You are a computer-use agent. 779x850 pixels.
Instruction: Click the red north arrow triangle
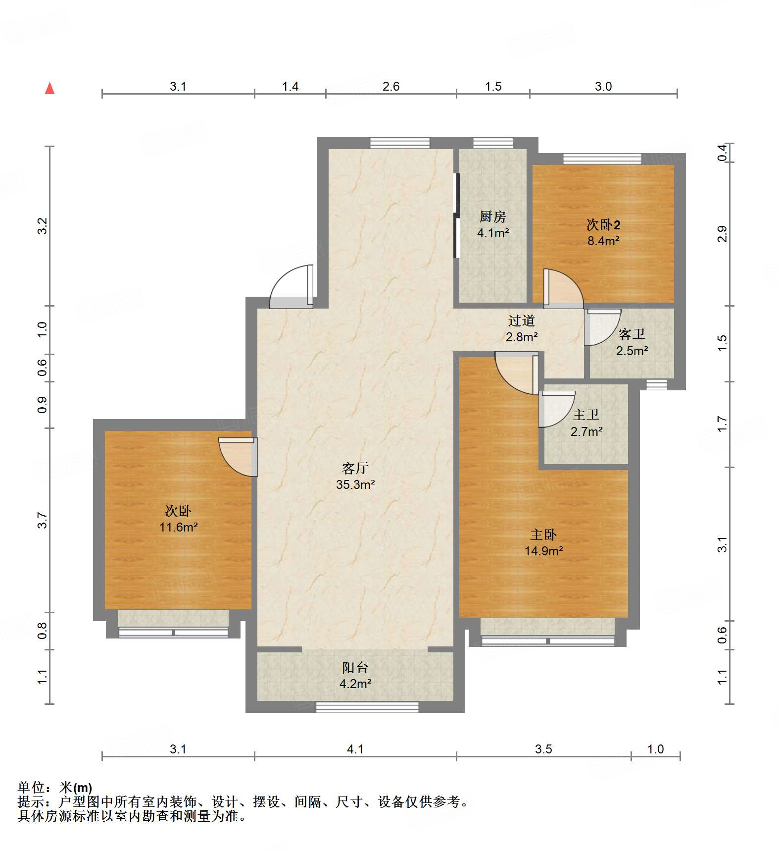(49, 89)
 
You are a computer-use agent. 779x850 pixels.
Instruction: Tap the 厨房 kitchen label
(492, 216)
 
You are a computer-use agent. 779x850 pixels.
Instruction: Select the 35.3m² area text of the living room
(355, 484)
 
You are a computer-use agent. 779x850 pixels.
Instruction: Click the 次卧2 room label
(603, 225)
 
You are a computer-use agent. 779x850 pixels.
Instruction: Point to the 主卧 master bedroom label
(543, 534)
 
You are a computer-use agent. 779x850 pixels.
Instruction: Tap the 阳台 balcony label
(355, 667)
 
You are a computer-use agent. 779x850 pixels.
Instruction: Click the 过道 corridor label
(521, 320)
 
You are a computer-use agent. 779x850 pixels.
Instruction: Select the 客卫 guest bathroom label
(632, 334)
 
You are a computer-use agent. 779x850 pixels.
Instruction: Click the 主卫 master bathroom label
(586, 415)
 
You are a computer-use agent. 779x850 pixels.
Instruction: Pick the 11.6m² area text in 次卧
(178, 527)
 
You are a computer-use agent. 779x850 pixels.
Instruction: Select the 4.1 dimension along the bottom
(355, 749)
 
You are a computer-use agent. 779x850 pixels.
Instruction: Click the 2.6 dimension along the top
(390, 86)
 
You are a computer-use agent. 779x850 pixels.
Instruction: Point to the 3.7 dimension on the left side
(42, 520)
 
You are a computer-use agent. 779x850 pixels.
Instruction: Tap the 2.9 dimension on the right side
(723, 233)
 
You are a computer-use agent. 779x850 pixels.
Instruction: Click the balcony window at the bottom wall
(367, 707)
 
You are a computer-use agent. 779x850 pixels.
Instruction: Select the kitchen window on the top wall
(492, 143)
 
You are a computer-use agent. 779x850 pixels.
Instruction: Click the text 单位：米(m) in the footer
(55, 787)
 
